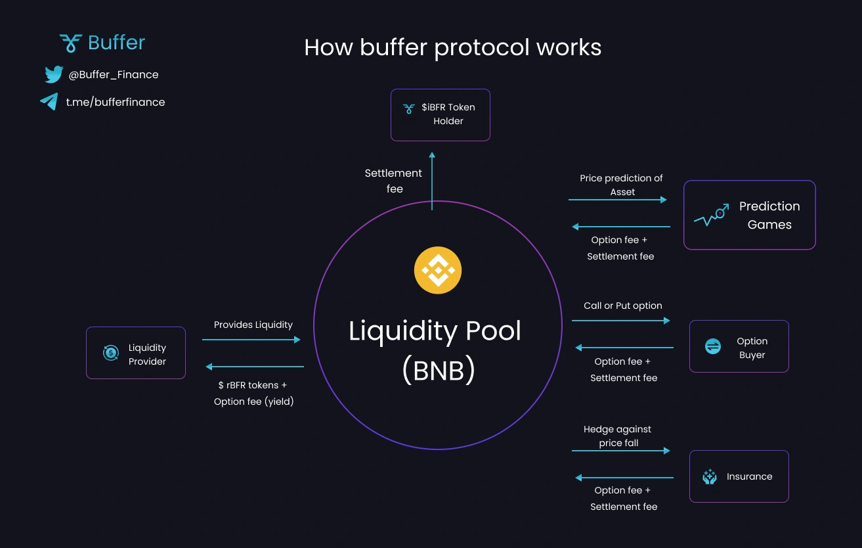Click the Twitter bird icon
pos(54,74)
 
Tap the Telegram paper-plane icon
pos(49,102)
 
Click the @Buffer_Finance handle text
pos(114,75)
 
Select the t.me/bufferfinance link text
pos(116,103)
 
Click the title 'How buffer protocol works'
pos(452,47)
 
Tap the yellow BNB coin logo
pos(438,270)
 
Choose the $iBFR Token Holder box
pos(440,114)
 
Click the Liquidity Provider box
pos(136,353)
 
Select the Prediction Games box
pos(749,215)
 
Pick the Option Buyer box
pos(739,346)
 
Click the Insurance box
pos(739,476)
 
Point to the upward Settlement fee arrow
pos(432,181)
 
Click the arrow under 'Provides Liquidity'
pos(251,340)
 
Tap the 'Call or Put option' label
pos(622,306)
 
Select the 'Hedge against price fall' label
pos(617,436)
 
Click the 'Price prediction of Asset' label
pos(621,185)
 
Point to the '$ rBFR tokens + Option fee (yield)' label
pos(253,393)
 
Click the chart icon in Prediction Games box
pos(712,216)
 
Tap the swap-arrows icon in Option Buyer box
pos(713,346)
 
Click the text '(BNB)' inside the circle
pos(438,371)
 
